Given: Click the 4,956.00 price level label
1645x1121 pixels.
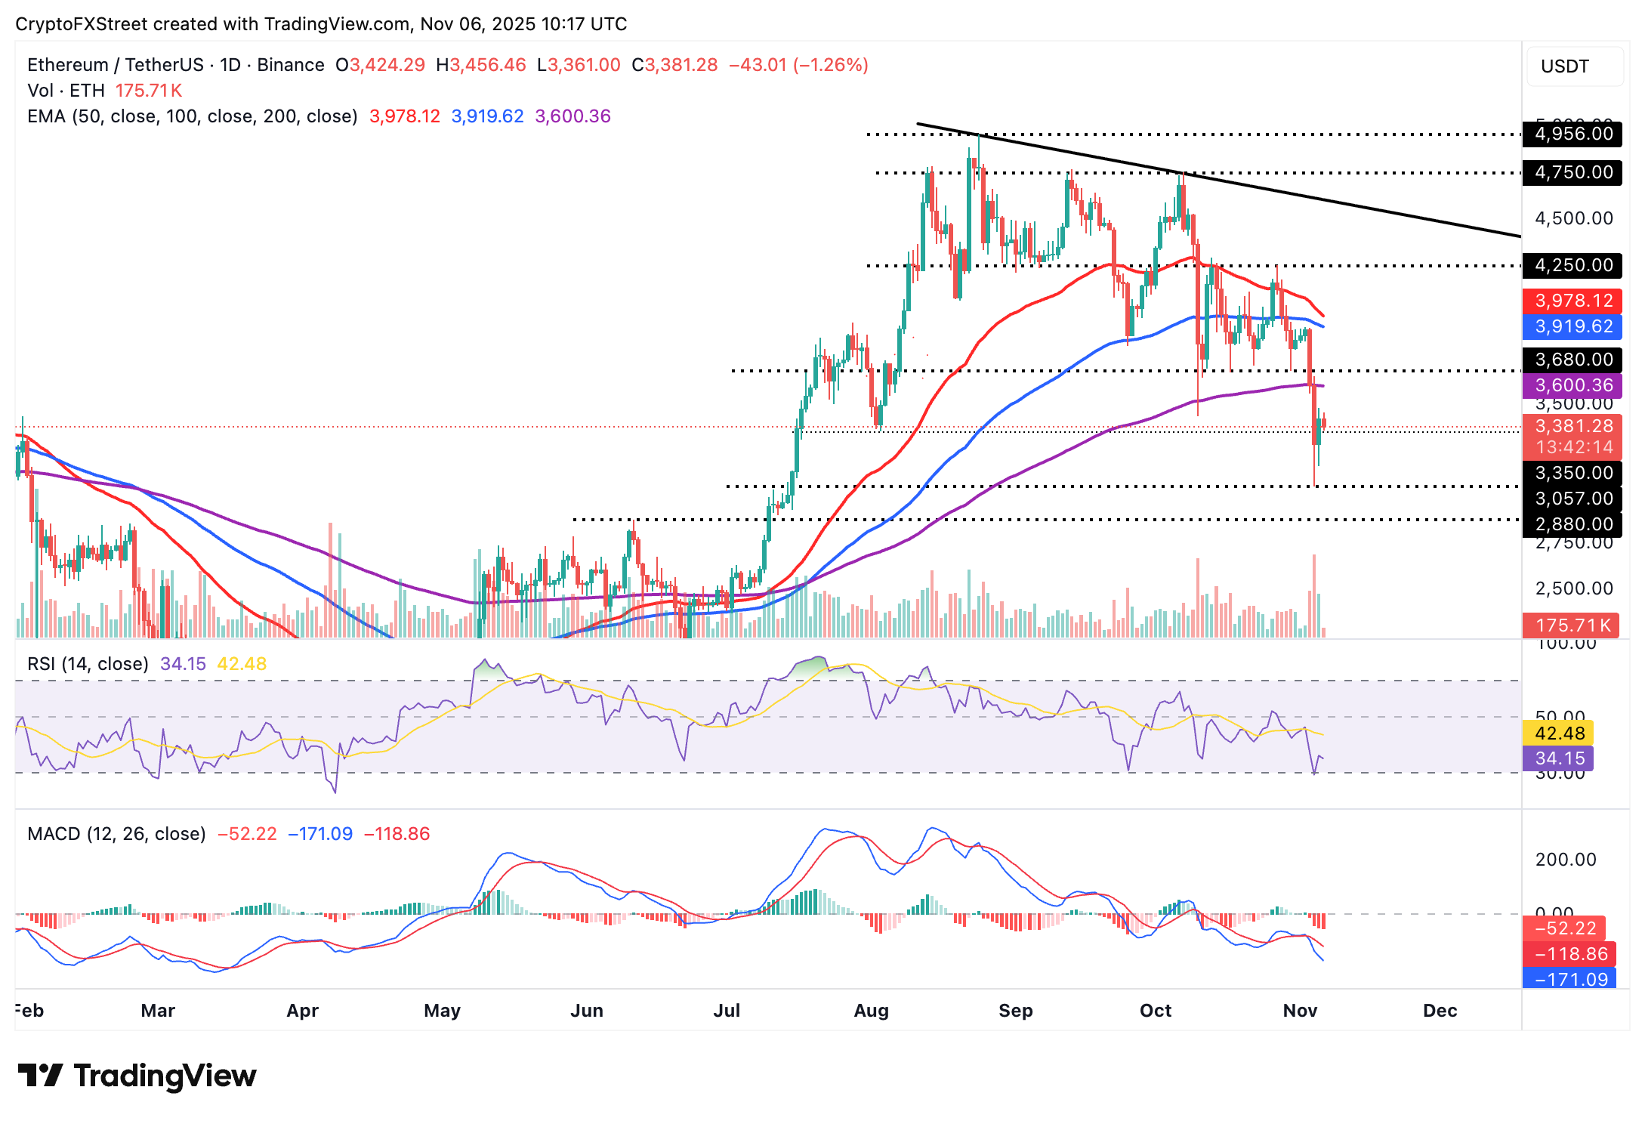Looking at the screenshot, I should pos(1573,134).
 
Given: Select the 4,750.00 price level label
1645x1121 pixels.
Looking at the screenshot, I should pos(1573,172).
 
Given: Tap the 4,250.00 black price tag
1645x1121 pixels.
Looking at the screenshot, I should pos(1573,265).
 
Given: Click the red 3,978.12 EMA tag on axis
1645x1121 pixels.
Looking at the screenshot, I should pos(1573,301).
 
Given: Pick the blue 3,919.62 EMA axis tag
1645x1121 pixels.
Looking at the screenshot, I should pos(1573,326).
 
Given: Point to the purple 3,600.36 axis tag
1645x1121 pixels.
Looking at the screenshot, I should pos(1573,385).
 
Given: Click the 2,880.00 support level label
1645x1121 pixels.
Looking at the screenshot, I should pos(1573,524).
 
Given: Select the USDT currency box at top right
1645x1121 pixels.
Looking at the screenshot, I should pos(1574,66).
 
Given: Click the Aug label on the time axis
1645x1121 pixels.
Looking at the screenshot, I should pos(871,1011).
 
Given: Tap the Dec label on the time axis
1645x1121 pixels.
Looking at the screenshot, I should pos(1440,1011).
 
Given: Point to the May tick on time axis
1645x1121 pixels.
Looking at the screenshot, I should pos(442,1011).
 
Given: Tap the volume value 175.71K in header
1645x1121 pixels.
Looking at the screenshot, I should pos(149,91).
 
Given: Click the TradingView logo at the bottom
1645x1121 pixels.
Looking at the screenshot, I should pos(137,1076).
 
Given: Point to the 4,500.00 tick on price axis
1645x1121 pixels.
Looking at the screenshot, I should pos(1573,218).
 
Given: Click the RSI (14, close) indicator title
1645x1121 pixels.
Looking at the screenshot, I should pos(88,664).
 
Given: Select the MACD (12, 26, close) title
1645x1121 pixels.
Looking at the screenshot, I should pos(116,834).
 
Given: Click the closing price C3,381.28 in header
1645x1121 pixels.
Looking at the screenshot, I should pos(674,65).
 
